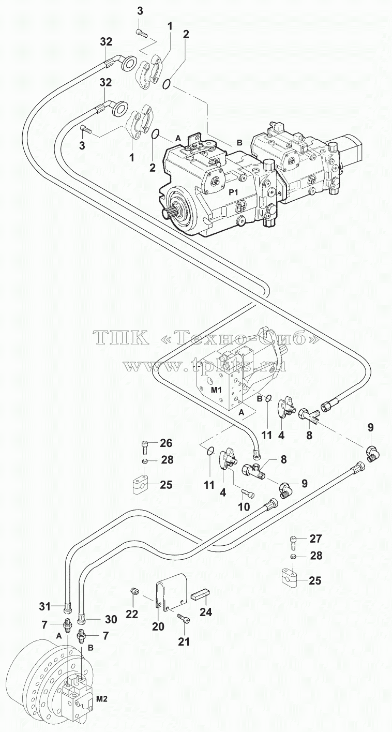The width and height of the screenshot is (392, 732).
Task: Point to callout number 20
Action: coord(158,626)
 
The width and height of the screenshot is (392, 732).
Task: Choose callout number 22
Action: coord(131,614)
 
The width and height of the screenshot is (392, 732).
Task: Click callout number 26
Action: coord(166,443)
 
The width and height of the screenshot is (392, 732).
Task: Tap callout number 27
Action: coord(315,539)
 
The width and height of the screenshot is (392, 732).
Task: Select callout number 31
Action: coord(45,597)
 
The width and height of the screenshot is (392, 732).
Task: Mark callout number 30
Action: coord(111,610)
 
